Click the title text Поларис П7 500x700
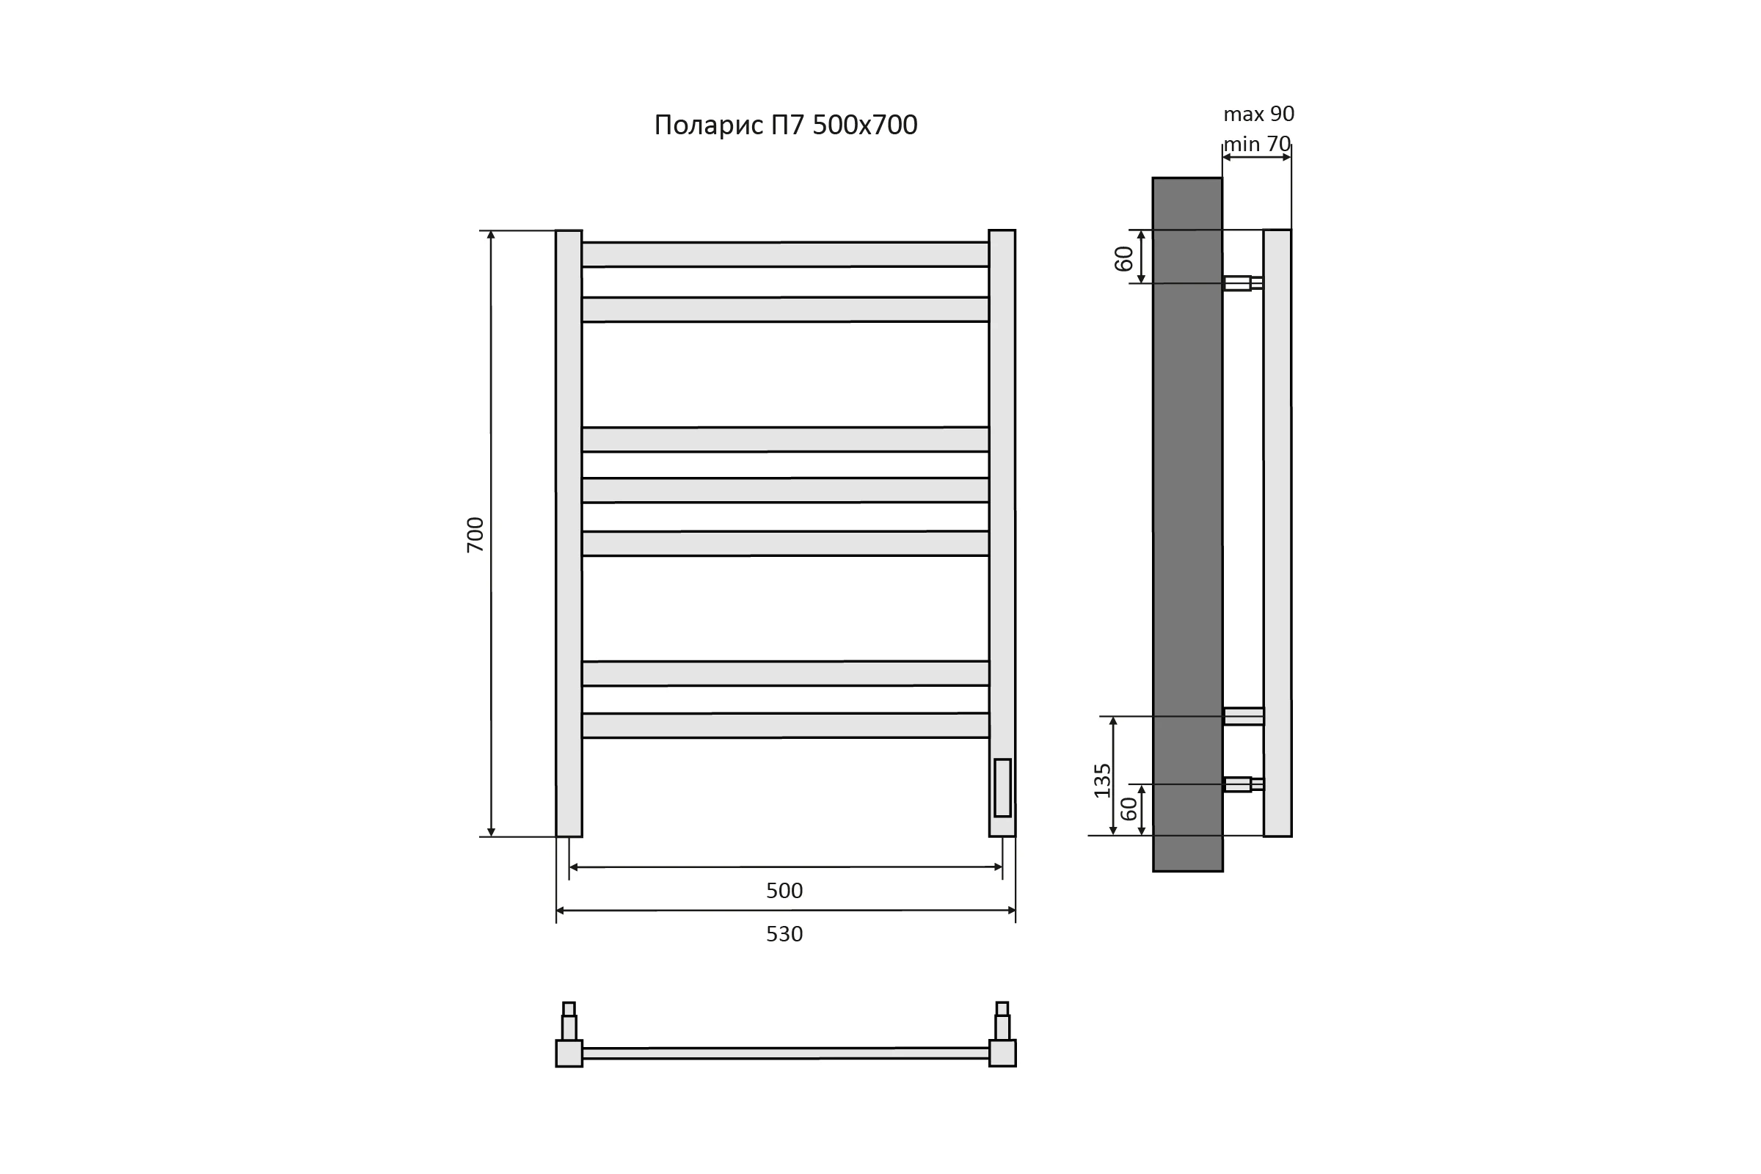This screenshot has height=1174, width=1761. (x=785, y=125)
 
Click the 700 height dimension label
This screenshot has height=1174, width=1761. (x=475, y=535)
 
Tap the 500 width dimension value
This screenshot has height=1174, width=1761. (x=784, y=890)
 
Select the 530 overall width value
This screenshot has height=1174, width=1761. (x=784, y=933)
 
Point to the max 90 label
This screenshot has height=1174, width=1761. (x=1258, y=114)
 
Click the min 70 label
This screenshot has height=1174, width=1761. (x=1257, y=144)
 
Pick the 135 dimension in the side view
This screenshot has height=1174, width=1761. (x=1102, y=780)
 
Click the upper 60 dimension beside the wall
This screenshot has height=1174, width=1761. (x=1124, y=258)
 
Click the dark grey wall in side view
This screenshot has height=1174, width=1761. (x=1187, y=524)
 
